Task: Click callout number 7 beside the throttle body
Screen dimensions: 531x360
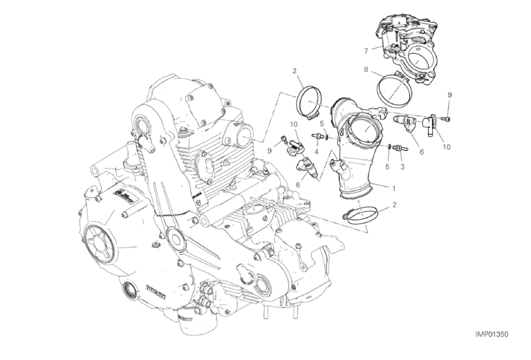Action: [x=366, y=51]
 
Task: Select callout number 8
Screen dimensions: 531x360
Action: [x=366, y=70]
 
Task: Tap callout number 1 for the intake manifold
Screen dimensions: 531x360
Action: [x=393, y=189]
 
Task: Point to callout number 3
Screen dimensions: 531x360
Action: [x=402, y=167]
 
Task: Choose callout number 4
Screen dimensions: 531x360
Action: [x=316, y=152]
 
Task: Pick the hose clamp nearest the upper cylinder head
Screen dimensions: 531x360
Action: [x=308, y=103]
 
